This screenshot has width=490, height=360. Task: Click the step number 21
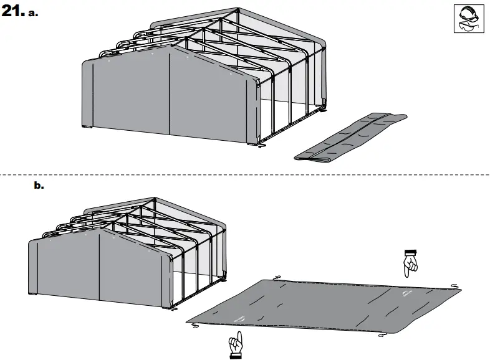point(12,12)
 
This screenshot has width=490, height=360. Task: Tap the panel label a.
point(32,14)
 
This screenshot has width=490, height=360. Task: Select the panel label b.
point(39,185)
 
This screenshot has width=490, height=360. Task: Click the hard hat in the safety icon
point(465,14)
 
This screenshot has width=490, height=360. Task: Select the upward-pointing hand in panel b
point(235,343)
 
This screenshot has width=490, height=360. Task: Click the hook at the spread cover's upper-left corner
point(277,278)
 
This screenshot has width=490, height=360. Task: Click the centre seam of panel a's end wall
point(170,93)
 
